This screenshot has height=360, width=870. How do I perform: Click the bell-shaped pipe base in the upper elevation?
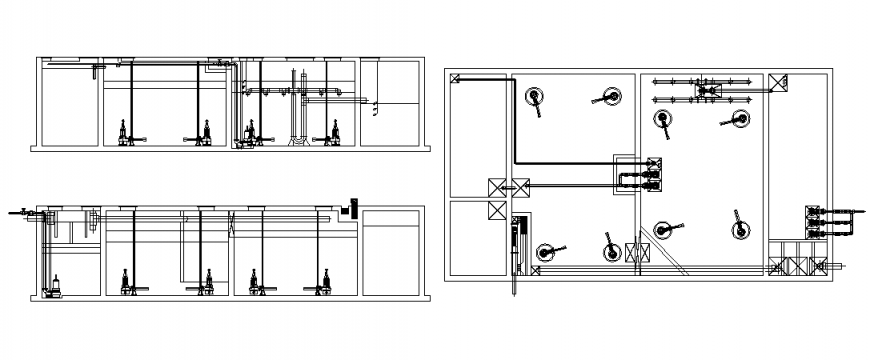pos(297,140)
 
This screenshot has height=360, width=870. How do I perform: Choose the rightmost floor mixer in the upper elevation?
pos(334,131)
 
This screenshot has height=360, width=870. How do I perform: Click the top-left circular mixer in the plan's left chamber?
pos(535,97)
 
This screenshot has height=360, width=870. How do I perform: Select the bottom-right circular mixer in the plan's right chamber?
pos(739,230)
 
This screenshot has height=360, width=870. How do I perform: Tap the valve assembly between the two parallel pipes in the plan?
pos(709,92)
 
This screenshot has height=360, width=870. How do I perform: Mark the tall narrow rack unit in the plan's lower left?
pos(518,246)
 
